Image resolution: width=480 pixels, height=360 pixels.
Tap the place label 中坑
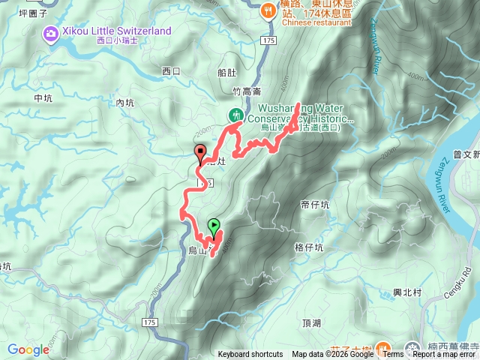pos(43,98)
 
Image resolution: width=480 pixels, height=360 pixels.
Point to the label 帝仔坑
pos(315,204)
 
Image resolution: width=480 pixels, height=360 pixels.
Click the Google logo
pos(28,349)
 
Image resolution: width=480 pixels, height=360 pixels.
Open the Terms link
pos(393,355)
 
